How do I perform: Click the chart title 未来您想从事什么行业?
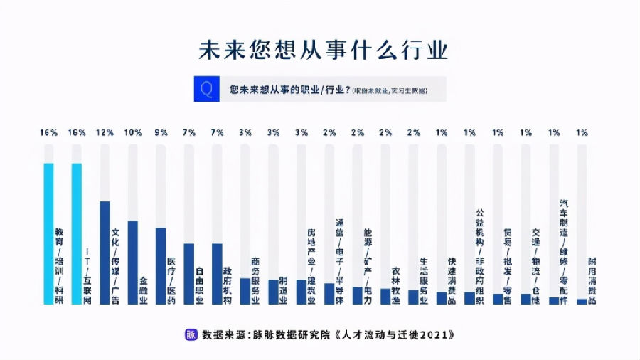point(322,51)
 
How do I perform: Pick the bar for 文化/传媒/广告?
point(105,253)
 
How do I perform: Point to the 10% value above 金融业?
point(133,133)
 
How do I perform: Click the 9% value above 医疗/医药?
point(161,133)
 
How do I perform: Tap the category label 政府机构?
point(228,285)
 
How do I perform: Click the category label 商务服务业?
point(256,279)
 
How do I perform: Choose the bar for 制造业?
point(273,292)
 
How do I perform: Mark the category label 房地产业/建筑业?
point(311,266)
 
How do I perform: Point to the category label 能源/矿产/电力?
point(368,266)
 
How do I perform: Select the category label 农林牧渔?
point(395,285)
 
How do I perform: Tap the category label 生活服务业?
point(424,280)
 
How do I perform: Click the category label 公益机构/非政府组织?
point(480,256)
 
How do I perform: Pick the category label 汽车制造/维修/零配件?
point(564,252)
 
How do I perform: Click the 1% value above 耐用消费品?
point(582,133)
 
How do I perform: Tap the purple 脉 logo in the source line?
point(191,334)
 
